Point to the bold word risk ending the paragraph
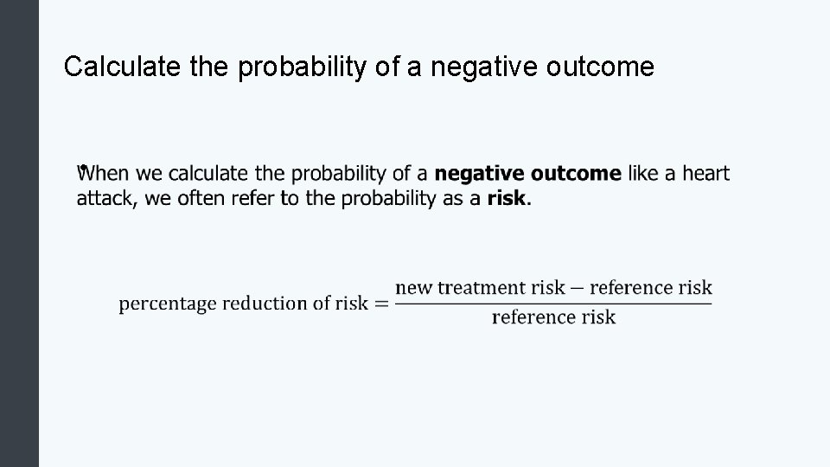click(x=507, y=199)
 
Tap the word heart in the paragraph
click(x=705, y=174)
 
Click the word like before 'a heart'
click(x=644, y=174)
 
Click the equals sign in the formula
click(x=381, y=304)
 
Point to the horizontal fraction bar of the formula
click(x=553, y=303)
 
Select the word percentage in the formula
click(x=168, y=304)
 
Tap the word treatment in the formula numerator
click(x=480, y=288)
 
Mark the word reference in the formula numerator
click(x=634, y=288)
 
